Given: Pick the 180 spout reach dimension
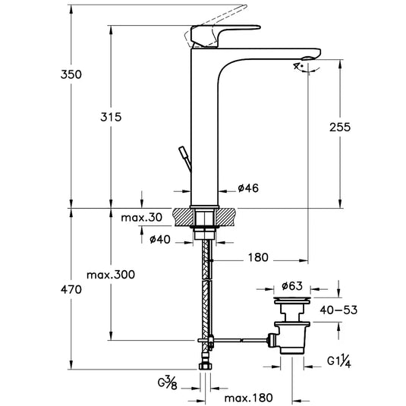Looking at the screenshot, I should click(258, 258).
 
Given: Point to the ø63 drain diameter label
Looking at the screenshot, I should click(293, 286).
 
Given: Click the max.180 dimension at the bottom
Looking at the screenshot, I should click(247, 398).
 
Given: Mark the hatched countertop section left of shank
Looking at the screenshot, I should click(185, 217).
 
